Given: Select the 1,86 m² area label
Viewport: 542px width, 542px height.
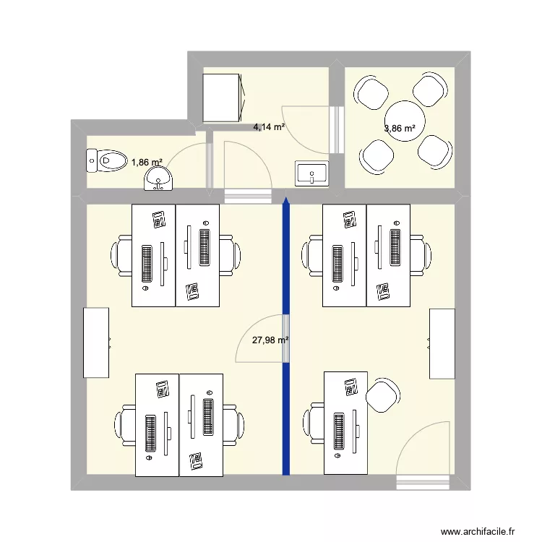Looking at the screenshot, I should (x=147, y=163).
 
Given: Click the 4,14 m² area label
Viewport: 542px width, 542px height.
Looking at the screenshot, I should (x=268, y=127).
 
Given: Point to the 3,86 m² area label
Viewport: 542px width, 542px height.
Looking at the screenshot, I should (x=400, y=129).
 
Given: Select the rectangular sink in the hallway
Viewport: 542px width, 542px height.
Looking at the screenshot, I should (x=311, y=173).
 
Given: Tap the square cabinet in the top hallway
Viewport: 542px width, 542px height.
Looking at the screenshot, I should (x=222, y=98).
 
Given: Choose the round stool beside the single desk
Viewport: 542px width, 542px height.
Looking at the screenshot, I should (x=383, y=395).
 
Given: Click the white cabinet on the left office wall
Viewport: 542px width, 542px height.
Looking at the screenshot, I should (x=96, y=343).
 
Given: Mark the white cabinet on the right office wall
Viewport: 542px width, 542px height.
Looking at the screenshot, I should (x=442, y=343).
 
